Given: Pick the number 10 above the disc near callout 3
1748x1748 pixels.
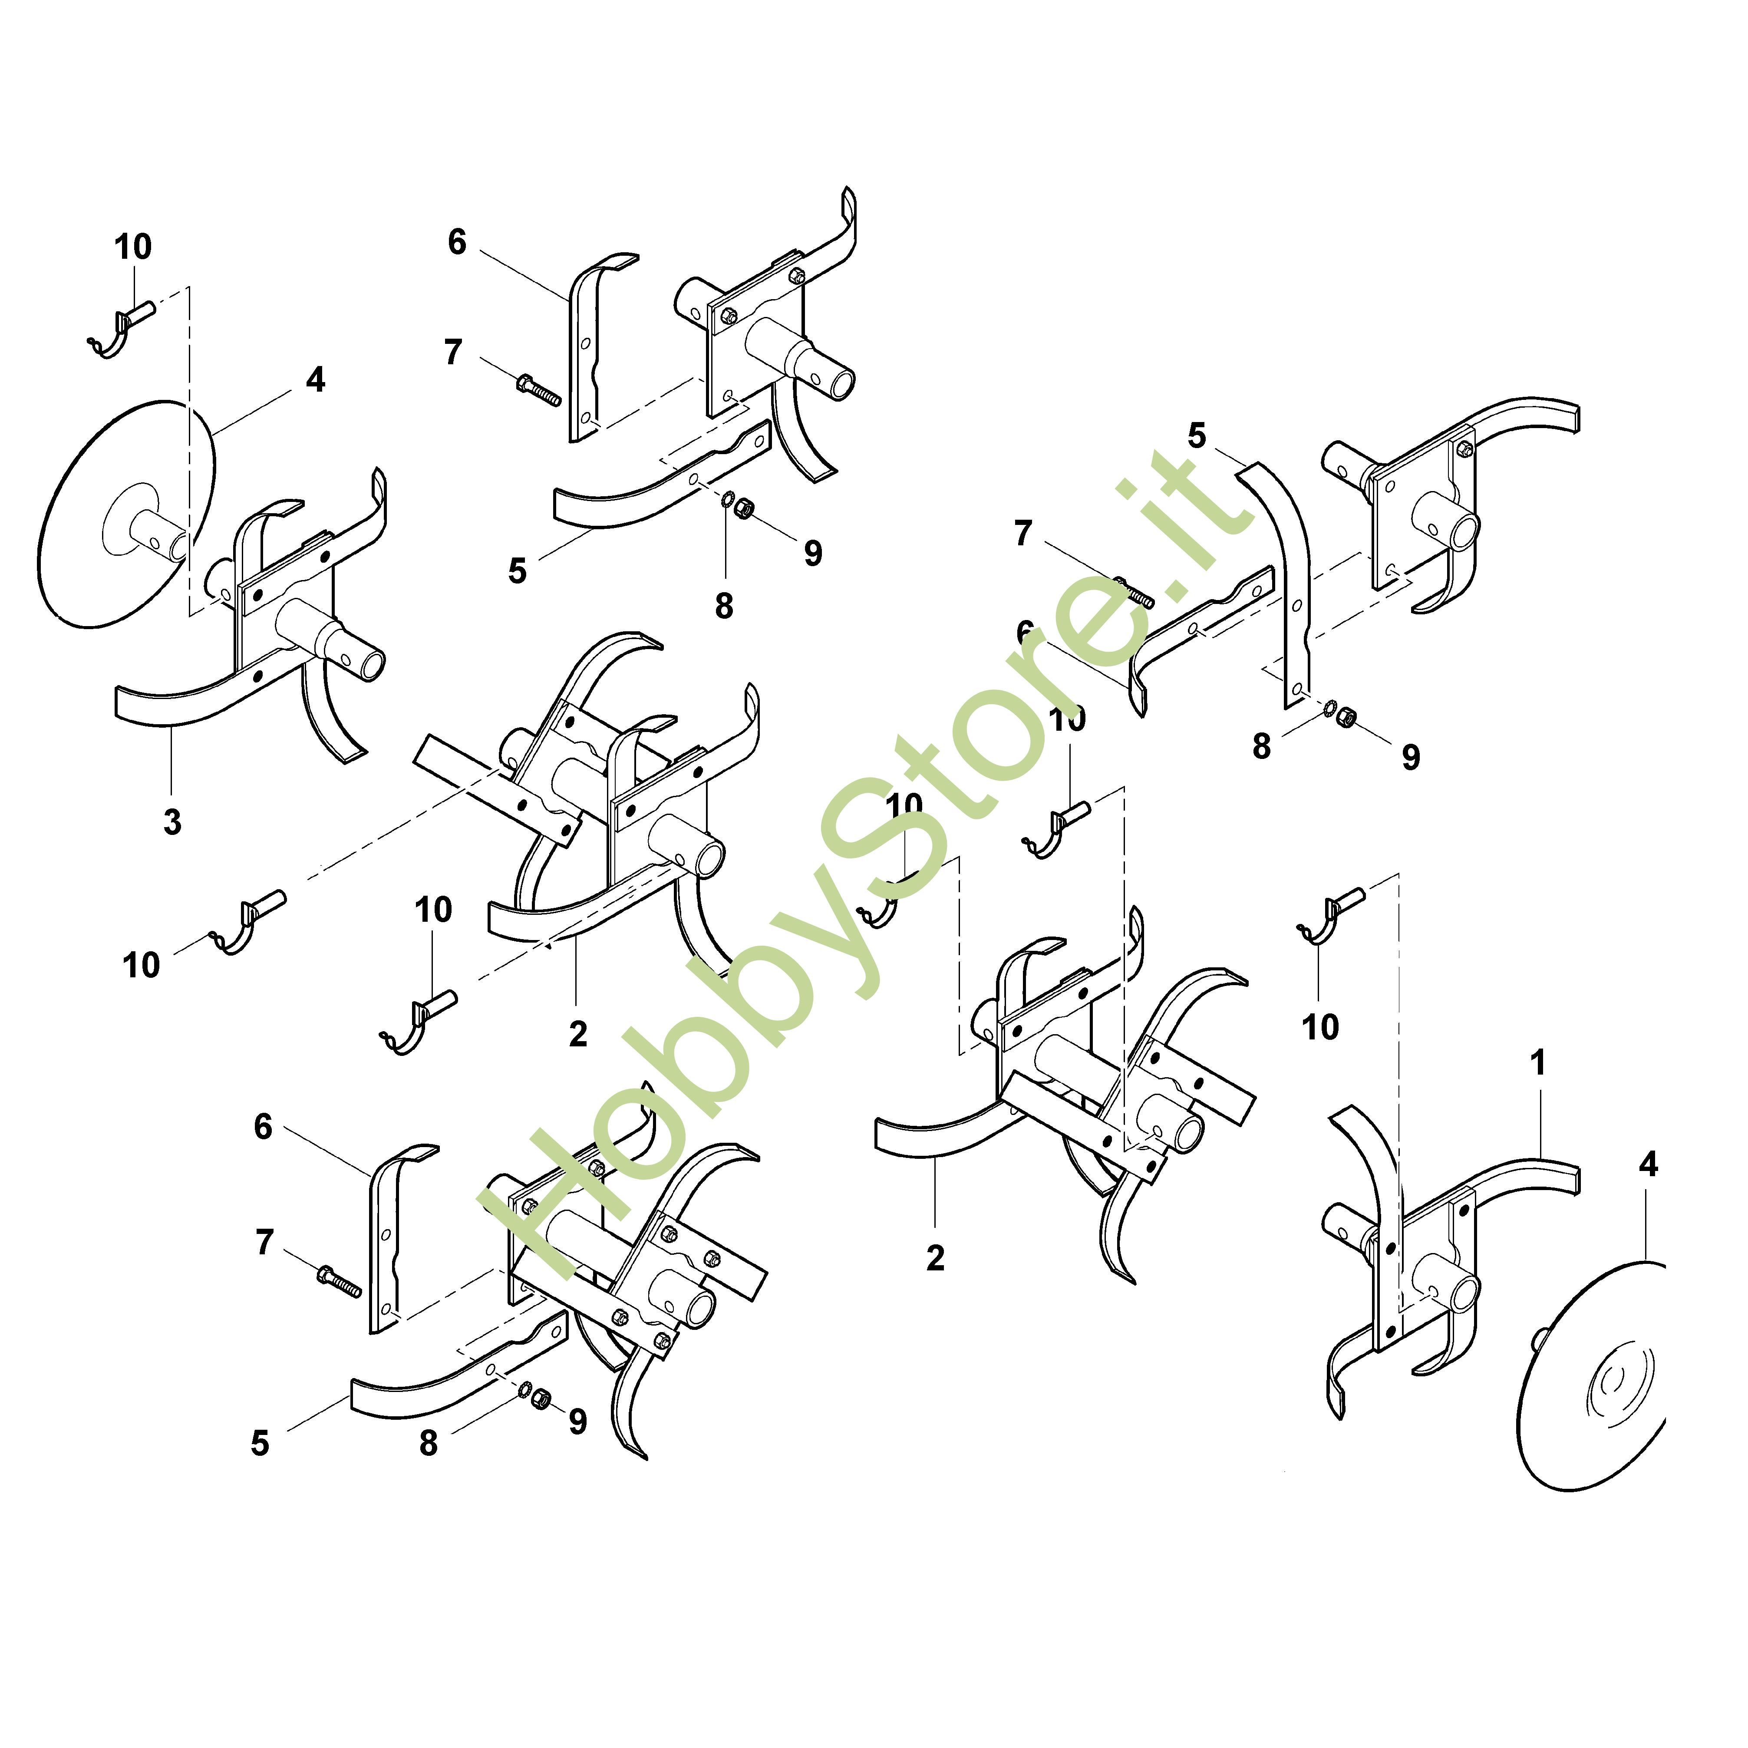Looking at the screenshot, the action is click(x=133, y=246).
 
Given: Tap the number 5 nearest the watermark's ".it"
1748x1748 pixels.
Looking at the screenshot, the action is click(x=1197, y=436).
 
